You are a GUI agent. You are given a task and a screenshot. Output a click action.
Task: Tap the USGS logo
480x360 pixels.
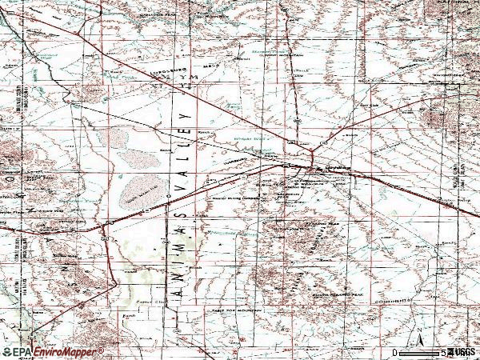pyautogui.click(x=462, y=352)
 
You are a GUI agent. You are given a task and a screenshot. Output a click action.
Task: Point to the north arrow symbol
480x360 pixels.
pyautogui.click(x=418, y=336)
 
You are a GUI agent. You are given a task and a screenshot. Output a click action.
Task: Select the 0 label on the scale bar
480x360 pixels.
pyautogui.click(x=395, y=353)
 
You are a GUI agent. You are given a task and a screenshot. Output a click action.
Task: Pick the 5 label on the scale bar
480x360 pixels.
pyautogui.click(x=442, y=353)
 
